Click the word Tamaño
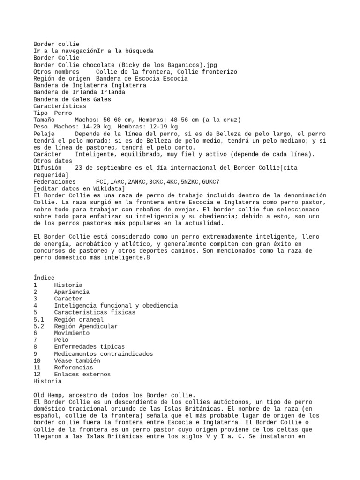click(x=44, y=120)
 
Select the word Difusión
click(x=47, y=168)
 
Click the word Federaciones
click(x=54, y=181)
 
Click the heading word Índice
click(x=44, y=278)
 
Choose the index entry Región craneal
click(x=79, y=319)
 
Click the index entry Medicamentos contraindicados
click(x=103, y=354)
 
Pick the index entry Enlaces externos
click(x=82, y=375)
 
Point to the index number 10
click(x=37, y=361)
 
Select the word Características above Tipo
click(x=60, y=106)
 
